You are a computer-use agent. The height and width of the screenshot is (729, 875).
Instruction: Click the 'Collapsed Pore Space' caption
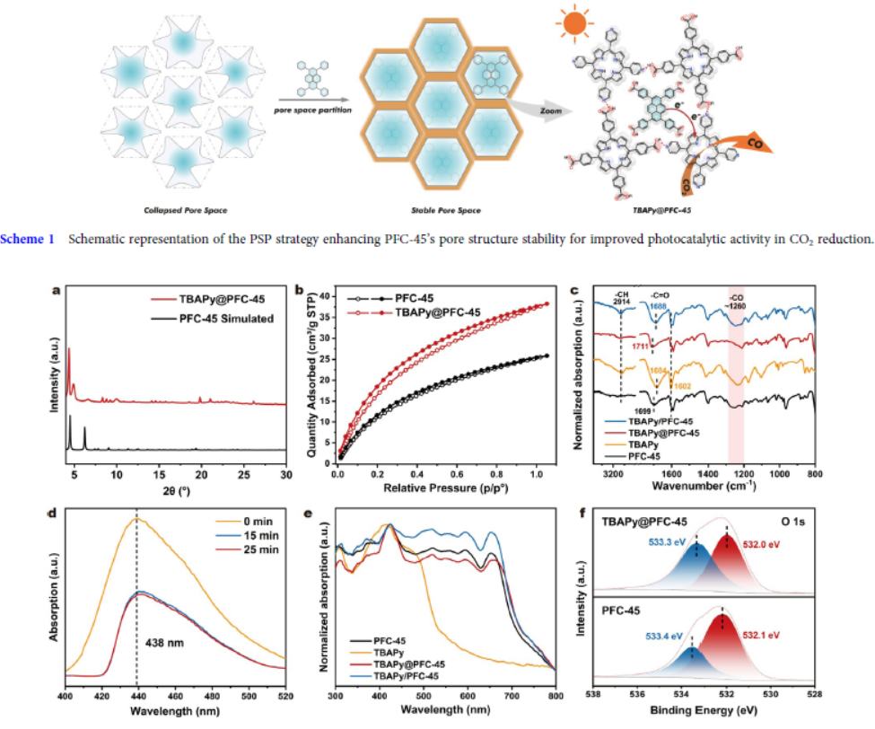coord(186,211)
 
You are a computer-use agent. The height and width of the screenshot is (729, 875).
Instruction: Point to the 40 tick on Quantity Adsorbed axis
coord(326,294)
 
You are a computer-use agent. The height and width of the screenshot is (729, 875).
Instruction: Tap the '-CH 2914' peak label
coord(621,300)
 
